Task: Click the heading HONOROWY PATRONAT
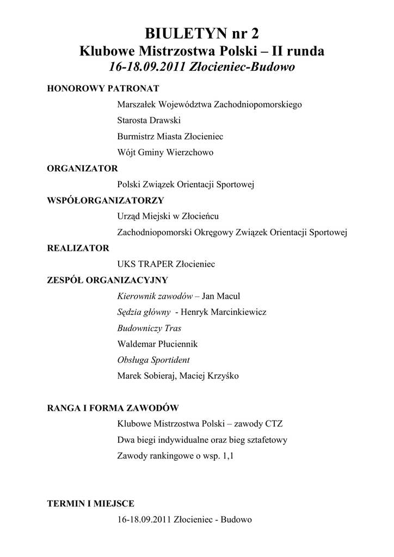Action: pyautogui.click(x=103, y=88)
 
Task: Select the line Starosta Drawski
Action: pyautogui.click(x=149, y=120)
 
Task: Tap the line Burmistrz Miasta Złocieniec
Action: pyautogui.click(x=170, y=137)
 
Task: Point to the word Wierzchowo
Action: pyautogui.click(x=192, y=153)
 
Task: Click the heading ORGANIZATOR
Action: pyautogui.click(x=82, y=168)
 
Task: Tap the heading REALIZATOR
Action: pyautogui.click(x=78, y=248)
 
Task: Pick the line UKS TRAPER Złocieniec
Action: pyautogui.click(x=166, y=264)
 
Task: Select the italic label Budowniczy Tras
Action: pyautogui.click(x=149, y=328)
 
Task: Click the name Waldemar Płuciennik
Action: pyautogui.click(x=157, y=344)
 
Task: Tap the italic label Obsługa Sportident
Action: pyautogui.click(x=153, y=360)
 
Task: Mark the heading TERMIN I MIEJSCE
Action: pyautogui.click(x=91, y=504)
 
